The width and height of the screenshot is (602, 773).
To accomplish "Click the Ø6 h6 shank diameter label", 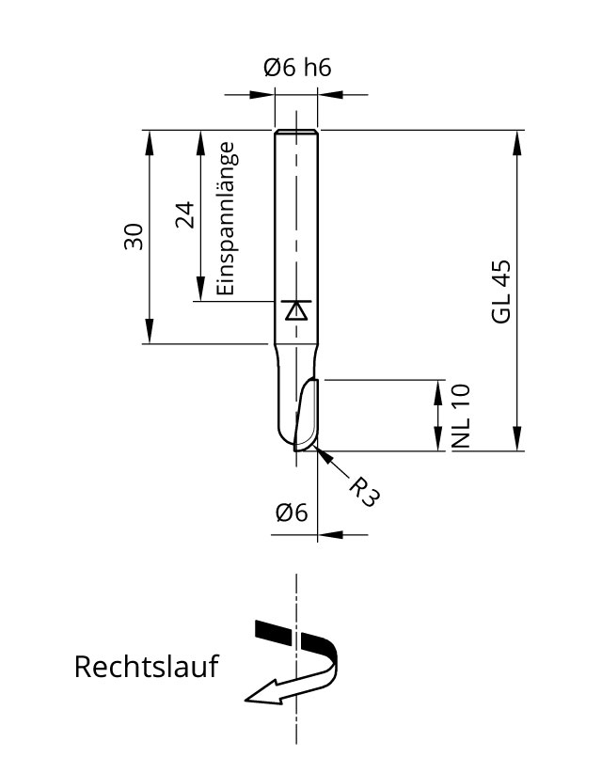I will [x=297, y=68].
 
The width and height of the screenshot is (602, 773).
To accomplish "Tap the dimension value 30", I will [x=134, y=236].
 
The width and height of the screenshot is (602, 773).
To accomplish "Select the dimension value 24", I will [x=184, y=215].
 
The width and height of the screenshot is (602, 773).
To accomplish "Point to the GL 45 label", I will [x=500, y=292].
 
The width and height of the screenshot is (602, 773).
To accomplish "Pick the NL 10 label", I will [x=461, y=416].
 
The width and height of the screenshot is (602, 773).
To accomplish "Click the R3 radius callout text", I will [x=364, y=491].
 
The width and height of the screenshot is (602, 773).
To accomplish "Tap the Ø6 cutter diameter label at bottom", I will [x=292, y=513].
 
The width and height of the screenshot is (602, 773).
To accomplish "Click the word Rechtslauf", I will [x=146, y=668].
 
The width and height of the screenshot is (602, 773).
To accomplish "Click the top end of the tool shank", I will [x=296, y=132].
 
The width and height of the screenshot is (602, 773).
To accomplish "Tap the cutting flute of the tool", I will [x=307, y=414].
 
